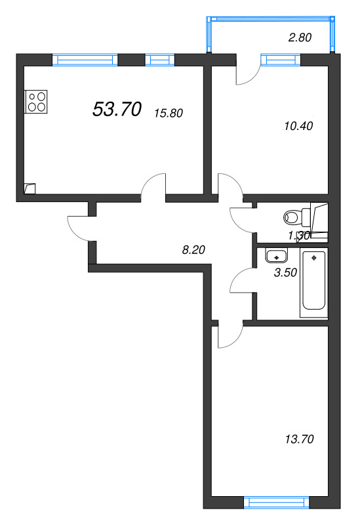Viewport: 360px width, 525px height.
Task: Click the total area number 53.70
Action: point(117,110)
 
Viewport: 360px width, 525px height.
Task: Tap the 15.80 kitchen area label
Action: point(168,113)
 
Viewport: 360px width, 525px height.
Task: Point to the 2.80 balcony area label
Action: point(300,37)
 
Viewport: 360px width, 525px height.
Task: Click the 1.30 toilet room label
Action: point(299,236)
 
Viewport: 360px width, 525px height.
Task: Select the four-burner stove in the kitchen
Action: point(37,101)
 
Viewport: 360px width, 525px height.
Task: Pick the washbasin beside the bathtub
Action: point(275,256)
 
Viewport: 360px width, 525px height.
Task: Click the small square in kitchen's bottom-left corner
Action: point(30,188)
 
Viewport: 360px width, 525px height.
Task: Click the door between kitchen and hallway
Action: point(155,186)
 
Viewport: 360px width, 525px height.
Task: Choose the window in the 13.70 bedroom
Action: point(276,503)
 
